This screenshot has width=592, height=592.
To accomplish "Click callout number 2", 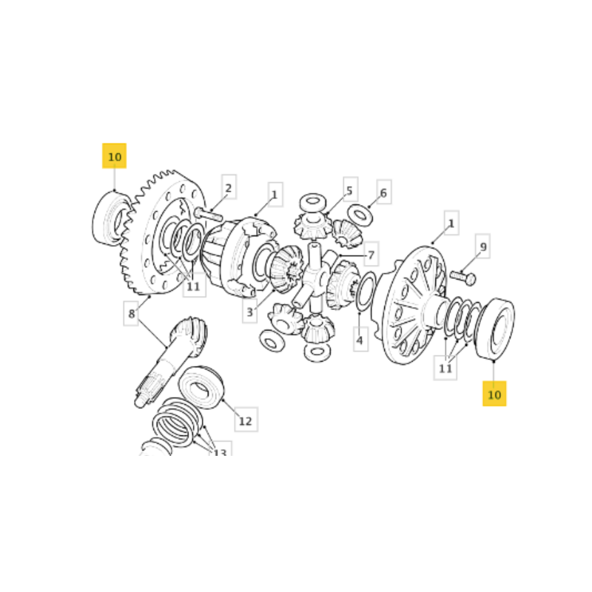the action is coord(229,187).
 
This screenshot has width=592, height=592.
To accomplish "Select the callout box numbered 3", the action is coord(250,311).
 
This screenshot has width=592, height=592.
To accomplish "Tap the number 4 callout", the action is coord(360,339).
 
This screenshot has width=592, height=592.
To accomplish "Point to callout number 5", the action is coord(350,189).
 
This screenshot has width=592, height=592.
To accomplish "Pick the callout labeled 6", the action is coord(384,192).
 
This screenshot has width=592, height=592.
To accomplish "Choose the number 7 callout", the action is coord(371,254).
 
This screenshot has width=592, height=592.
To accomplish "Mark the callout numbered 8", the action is coord(131,313).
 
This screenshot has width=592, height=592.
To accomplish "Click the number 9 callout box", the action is coord(483,246).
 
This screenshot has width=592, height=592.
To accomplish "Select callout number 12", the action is coord(246,420).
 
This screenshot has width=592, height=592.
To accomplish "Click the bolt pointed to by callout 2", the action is coord(209,214).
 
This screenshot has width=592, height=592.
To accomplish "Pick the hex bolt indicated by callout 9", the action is coord(463,277).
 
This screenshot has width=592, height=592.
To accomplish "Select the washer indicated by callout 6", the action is coord(360,215).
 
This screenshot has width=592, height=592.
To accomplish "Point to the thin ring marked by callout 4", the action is coord(366,292).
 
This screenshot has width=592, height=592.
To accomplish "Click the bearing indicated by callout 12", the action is coord(201,387).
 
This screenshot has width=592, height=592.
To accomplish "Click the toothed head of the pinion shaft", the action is coord(189,335).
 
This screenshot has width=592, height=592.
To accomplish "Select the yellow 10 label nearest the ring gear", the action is coord(115,156).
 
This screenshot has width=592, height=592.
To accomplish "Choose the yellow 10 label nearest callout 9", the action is coord(494,394).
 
